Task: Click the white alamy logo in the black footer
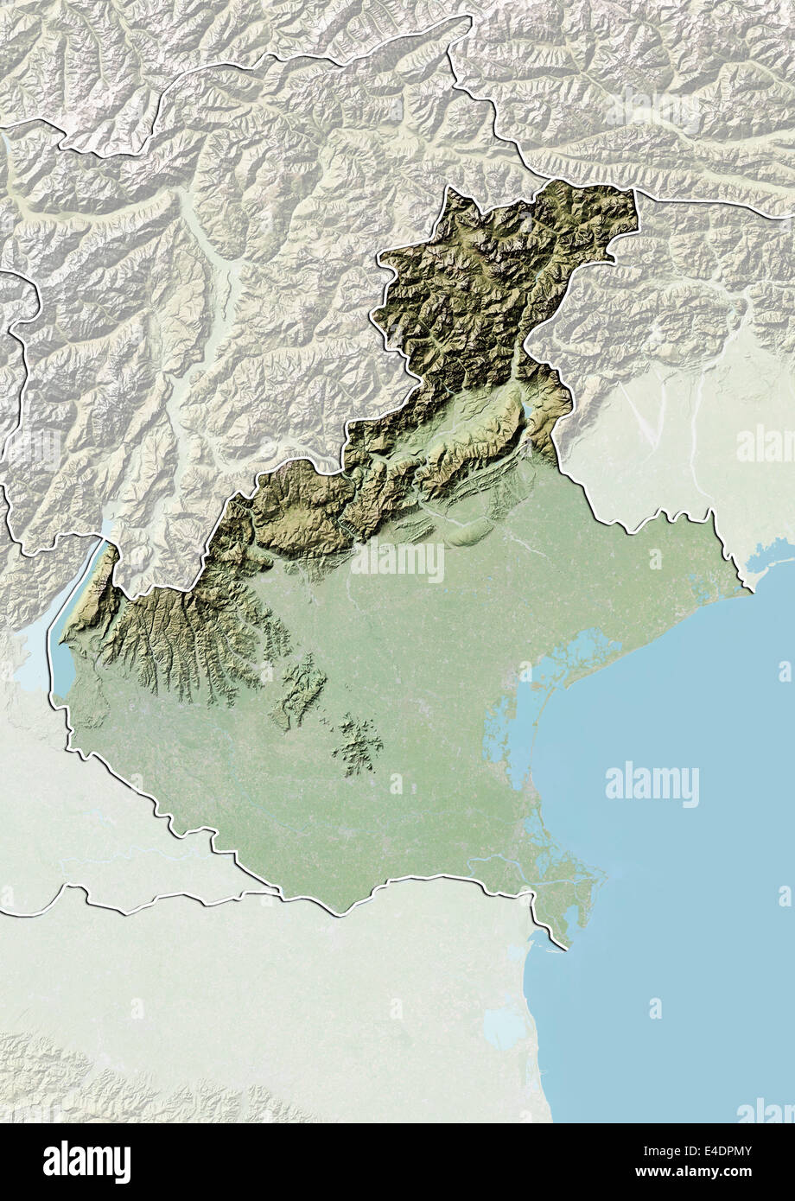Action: [x=86, y=1161]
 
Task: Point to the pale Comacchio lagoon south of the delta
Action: [x=505, y=1028]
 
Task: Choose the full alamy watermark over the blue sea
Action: [x=652, y=785]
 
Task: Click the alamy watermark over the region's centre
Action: [x=397, y=562]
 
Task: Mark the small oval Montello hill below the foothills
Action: [x=467, y=536]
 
